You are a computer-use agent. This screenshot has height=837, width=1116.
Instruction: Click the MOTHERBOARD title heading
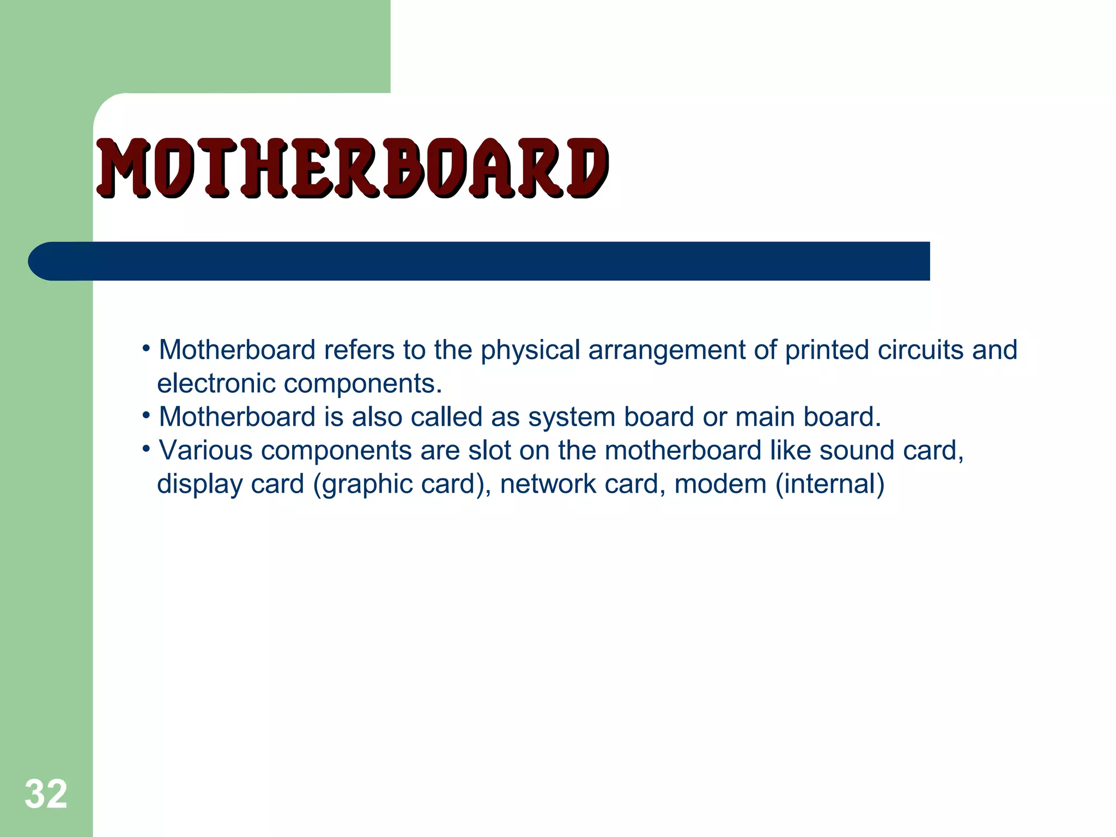click(351, 167)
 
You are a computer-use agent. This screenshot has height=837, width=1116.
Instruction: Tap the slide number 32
click(46, 794)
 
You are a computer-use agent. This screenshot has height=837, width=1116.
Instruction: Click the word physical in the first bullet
click(530, 350)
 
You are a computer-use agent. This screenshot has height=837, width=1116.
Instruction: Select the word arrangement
click(666, 350)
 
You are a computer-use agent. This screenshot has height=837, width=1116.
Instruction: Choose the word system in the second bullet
click(572, 417)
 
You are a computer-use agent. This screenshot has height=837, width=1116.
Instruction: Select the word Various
click(205, 451)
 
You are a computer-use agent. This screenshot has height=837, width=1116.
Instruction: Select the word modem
click(720, 484)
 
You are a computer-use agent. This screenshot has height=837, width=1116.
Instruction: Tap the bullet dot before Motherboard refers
click(145, 348)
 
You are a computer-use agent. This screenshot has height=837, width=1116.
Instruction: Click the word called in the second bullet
click(446, 417)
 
